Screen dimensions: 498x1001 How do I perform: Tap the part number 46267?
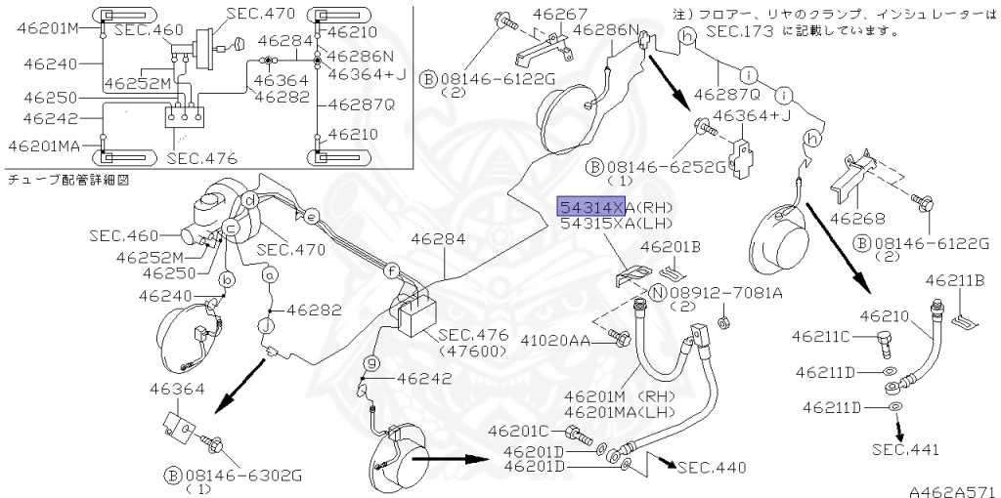560,16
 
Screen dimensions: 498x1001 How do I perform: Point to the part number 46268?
858,220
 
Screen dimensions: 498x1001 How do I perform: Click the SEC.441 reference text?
905,450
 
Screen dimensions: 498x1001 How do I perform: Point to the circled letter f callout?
391,269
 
